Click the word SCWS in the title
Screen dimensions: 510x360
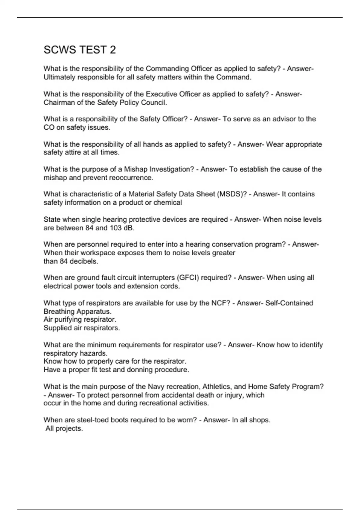pos(60,50)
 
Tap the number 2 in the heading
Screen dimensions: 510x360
pos(112,50)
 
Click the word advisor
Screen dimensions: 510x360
pos(283,119)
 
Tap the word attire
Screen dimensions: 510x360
pos(75,152)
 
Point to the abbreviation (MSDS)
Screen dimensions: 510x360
pos(231,194)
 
